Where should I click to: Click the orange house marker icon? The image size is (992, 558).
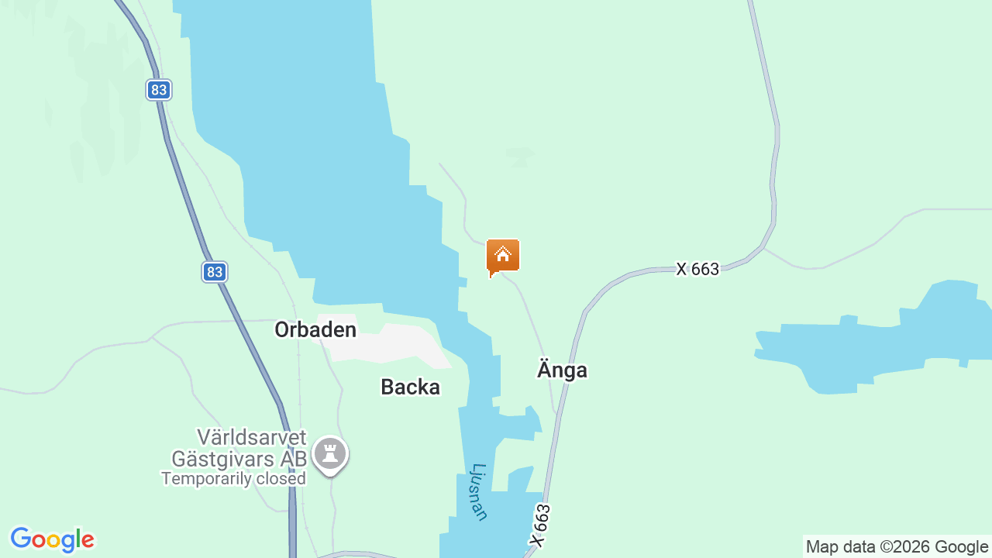[x=503, y=256]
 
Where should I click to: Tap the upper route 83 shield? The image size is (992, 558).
[x=159, y=90]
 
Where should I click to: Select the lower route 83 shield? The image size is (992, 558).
[x=215, y=272]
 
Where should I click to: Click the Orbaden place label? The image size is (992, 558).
[x=315, y=330]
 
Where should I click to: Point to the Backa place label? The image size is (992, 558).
[x=410, y=387]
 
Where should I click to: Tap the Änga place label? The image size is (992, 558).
[x=562, y=370]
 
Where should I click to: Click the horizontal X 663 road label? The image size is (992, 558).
[x=697, y=269]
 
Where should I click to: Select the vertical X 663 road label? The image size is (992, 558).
[x=540, y=526]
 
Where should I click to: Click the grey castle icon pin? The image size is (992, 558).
[x=330, y=453]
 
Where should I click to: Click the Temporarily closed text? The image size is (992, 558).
[x=233, y=479]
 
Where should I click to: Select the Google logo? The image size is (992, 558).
[x=52, y=539]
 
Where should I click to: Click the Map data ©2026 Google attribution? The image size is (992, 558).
[x=897, y=547]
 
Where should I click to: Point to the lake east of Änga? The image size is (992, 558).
[x=868, y=341]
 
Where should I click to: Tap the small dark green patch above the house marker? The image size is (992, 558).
[x=519, y=155]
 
